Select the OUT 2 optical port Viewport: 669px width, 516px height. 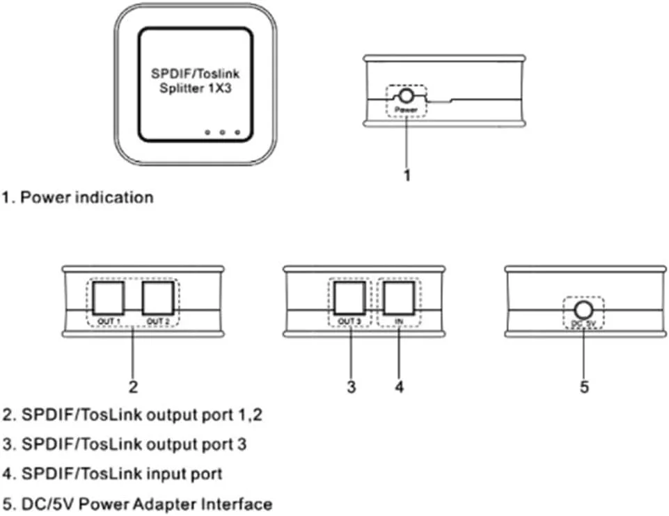[x=157, y=299]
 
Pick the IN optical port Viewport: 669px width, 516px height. [x=398, y=299]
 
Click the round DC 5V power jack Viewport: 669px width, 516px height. [x=583, y=309]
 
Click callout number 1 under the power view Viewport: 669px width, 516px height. [x=407, y=175]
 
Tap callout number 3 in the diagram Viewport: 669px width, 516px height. [x=352, y=387]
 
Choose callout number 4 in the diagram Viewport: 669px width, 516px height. [x=399, y=387]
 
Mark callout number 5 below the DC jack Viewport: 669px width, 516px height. [x=584, y=387]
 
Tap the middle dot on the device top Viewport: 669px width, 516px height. [x=222, y=132]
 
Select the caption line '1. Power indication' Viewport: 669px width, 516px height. [x=77, y=197]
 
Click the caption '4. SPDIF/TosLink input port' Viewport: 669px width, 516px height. [x=113, y=474]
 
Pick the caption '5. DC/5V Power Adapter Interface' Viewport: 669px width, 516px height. [x=137, y=503]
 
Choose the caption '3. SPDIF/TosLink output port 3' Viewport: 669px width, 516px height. [x=125, y=444]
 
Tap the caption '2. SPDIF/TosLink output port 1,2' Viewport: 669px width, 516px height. [x=133, y=415]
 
